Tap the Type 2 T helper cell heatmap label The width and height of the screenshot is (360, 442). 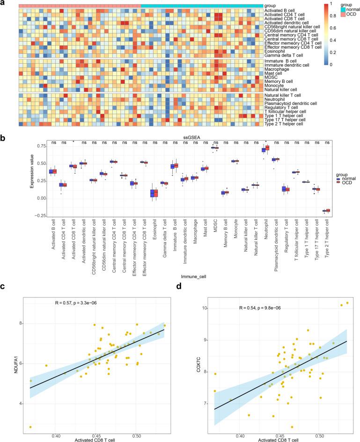click(285, 124)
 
